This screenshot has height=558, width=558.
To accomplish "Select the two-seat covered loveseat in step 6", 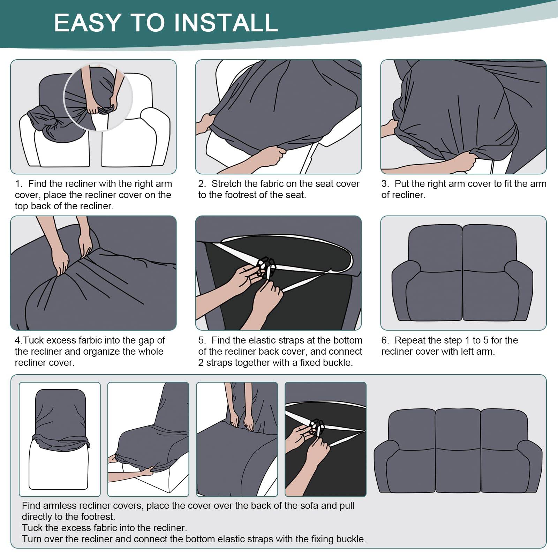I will coord(462,273).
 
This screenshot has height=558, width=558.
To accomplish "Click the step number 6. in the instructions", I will coord(385,340).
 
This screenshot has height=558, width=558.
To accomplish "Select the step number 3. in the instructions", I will coord(385,184).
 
